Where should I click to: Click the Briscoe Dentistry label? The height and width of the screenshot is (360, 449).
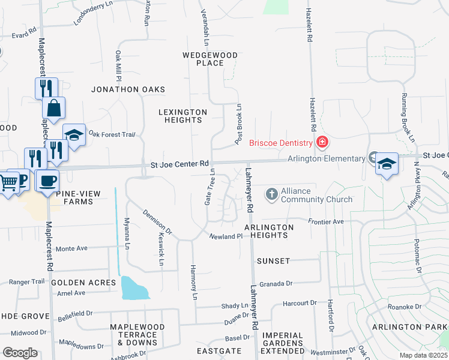coord(281,142)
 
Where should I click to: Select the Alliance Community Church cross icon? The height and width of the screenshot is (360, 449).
coord(271,193)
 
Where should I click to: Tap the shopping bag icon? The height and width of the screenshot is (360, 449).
coord(53,109)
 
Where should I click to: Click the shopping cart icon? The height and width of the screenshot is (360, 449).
coord(8,181)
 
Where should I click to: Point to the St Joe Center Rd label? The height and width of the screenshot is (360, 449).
coord(179,163)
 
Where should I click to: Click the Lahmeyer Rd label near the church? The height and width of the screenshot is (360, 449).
coord(250,190)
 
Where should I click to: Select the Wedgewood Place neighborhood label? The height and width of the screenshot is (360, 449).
coord(210,59)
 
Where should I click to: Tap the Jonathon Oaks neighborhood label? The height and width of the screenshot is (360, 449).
coord(128,89)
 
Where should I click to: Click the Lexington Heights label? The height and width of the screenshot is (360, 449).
coord(183,116)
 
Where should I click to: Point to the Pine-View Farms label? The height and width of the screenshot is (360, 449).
coord(74,197)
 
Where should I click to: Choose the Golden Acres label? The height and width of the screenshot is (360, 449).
coord(83,282)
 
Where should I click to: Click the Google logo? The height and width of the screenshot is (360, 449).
coord(20,353)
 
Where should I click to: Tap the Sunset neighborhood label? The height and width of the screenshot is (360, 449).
coord(273,261)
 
